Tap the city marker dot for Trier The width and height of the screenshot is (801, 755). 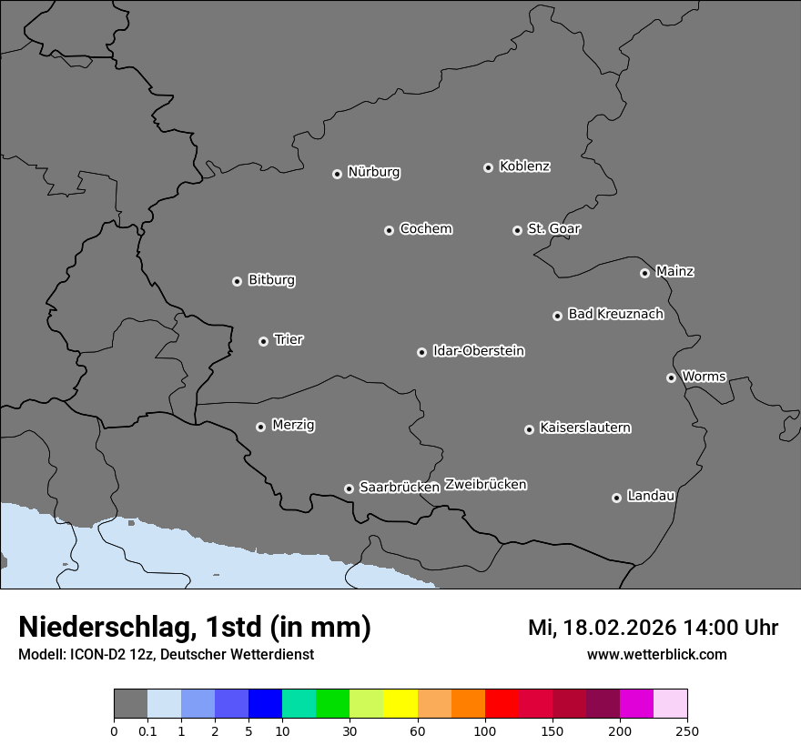point(264,341)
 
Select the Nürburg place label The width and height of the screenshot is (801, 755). point(373,172)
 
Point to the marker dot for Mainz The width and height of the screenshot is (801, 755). point(644,273)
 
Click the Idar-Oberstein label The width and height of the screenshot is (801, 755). point(478,351)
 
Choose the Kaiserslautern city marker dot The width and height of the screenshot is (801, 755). point(529,429)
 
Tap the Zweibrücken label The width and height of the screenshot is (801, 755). point(485,485)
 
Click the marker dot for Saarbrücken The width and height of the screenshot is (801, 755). point(349,488)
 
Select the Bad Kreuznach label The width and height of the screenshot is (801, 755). point(615,314)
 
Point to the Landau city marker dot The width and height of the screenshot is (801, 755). point(616,498)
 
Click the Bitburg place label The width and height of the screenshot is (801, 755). point(271,280)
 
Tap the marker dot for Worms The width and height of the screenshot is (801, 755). point(671,377)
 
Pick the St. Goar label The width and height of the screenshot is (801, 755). point(553,229)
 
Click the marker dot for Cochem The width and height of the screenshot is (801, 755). point(389,230)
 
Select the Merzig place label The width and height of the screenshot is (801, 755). point(293,425)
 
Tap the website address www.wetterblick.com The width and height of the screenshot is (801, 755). point(656,654)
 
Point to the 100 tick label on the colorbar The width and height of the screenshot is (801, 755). point(485,730)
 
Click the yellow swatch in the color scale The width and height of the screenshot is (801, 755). point(400,704)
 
